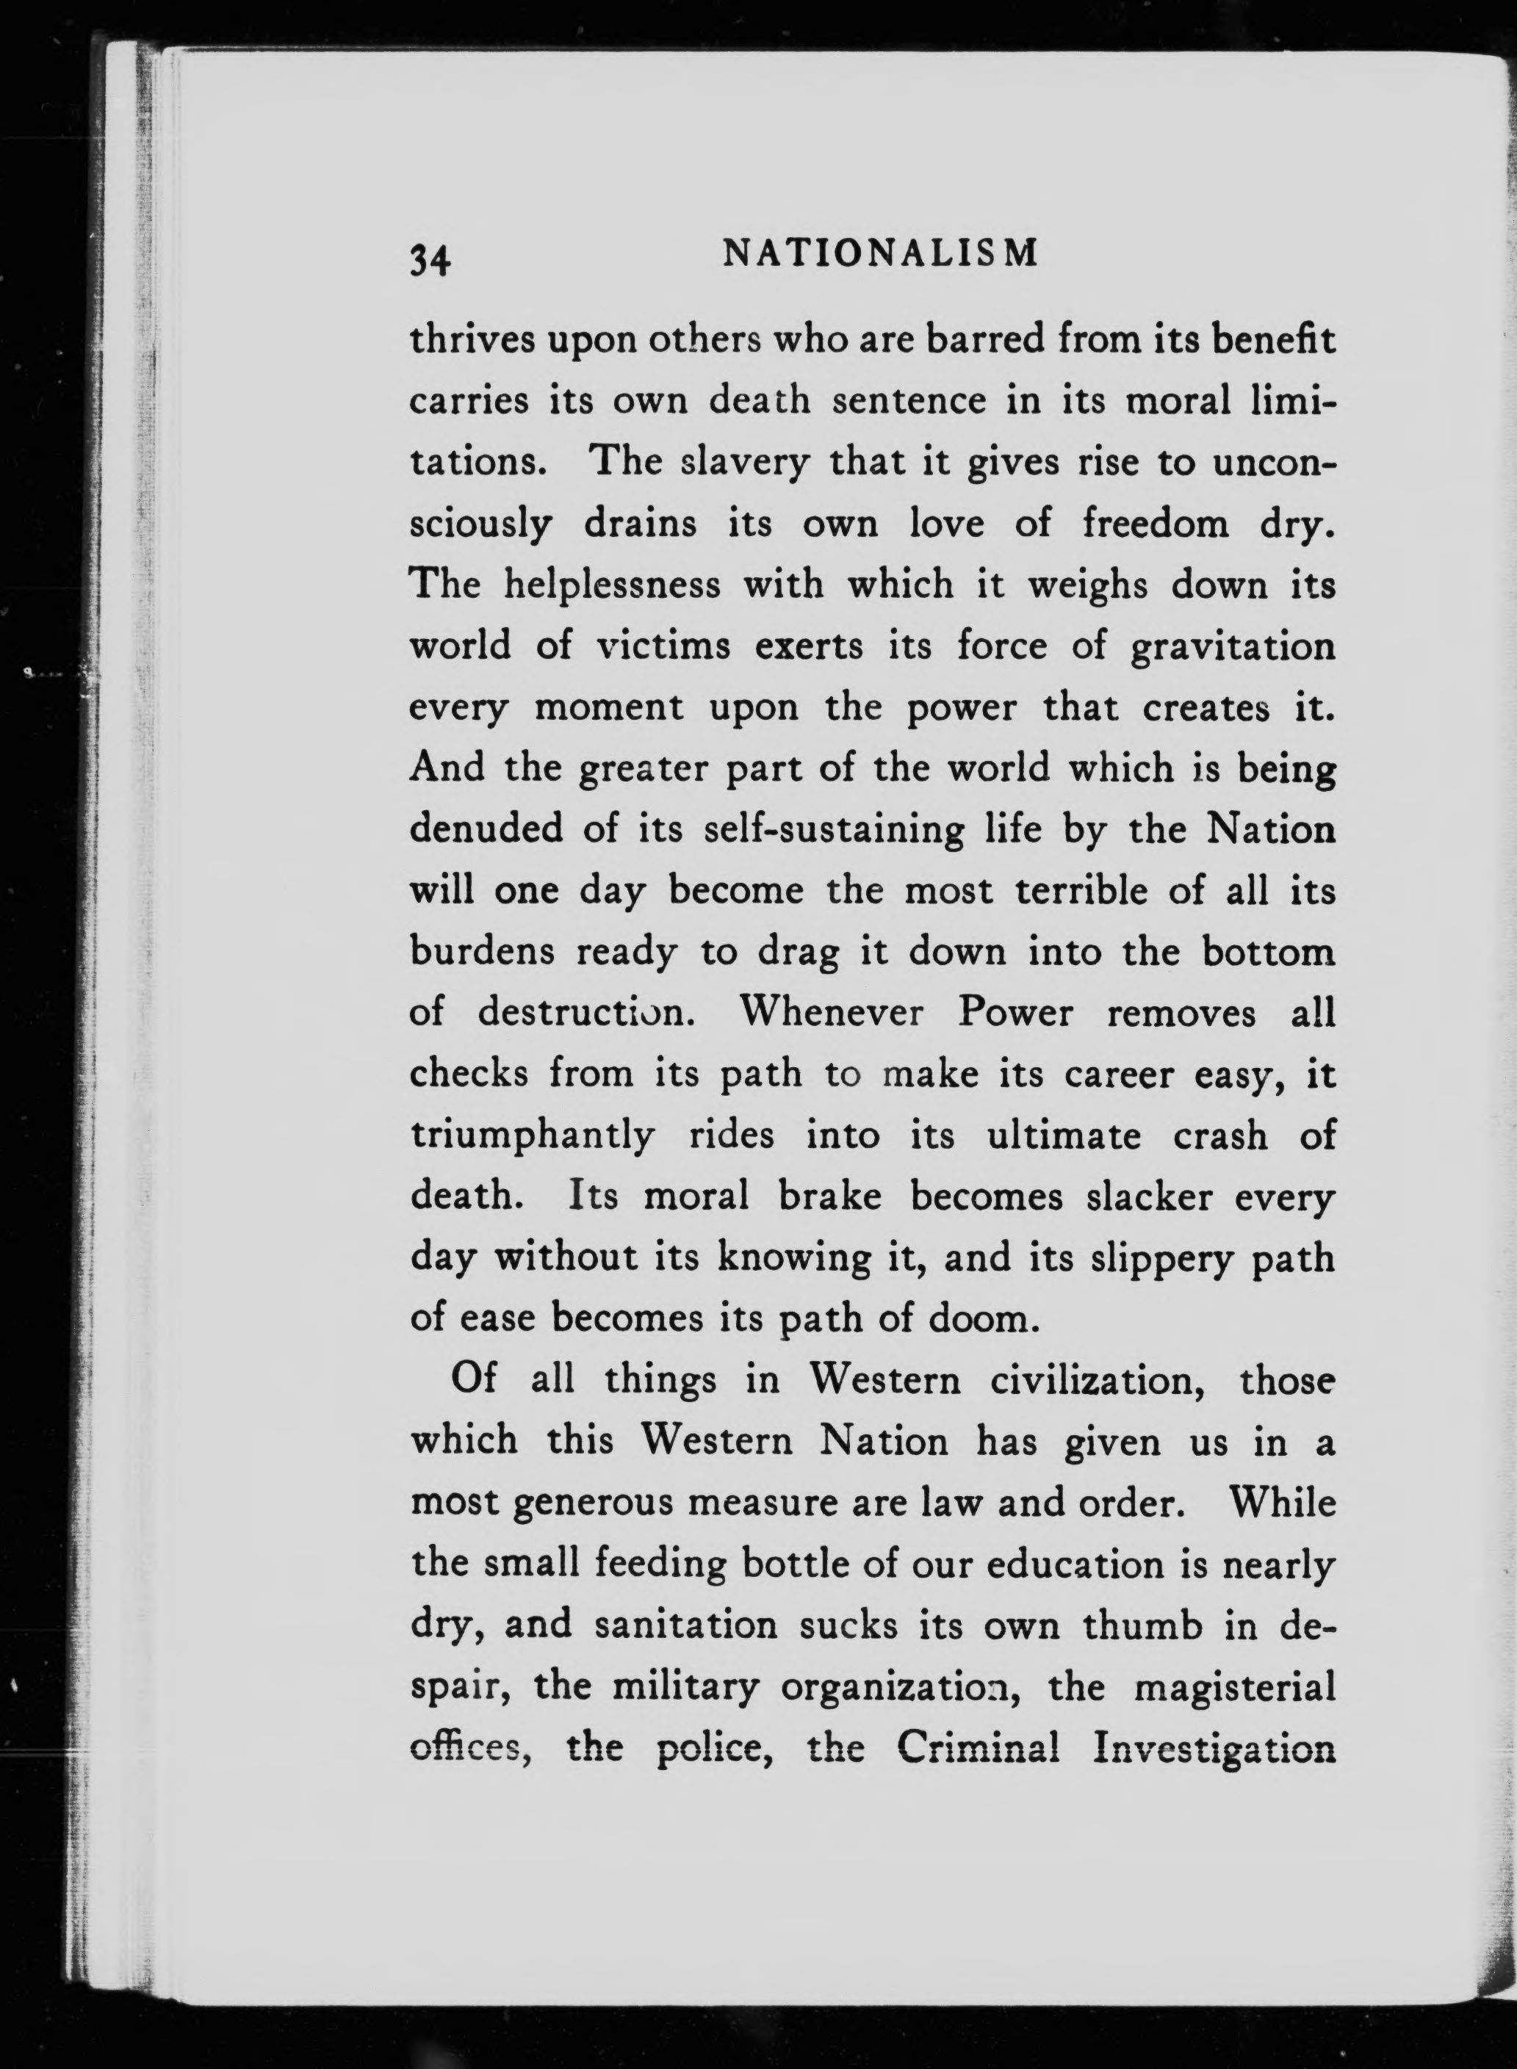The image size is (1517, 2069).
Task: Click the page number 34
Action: (429, 261)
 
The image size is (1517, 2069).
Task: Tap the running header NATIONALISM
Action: (881, 253)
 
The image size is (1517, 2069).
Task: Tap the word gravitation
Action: (1233, 647)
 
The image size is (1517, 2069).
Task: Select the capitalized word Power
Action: (1015, 1013)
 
